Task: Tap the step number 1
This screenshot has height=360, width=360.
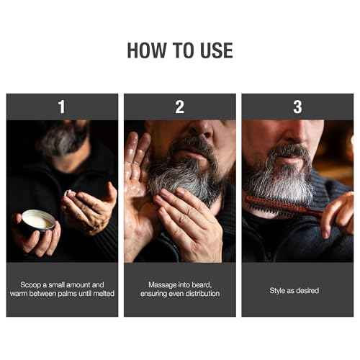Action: click(62, 107)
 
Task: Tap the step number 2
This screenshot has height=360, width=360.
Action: click(179, 107)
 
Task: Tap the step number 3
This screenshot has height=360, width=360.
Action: click(297, 107)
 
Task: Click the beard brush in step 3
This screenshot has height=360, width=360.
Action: click(276, 204)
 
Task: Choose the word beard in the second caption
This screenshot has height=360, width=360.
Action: click(197, 285)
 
